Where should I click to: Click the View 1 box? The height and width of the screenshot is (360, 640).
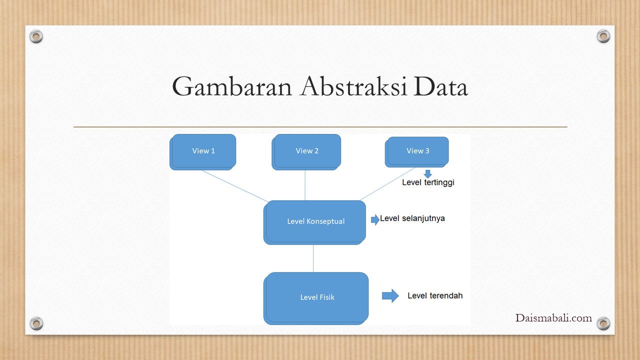[203, 152]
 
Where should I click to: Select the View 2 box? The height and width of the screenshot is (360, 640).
[306, 152]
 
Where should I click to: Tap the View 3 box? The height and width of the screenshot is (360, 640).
[417, 152]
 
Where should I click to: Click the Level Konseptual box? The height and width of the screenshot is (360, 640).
[314, 222]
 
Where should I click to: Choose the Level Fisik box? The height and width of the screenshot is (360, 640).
[316, 298]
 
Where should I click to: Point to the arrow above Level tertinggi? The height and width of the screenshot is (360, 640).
[427, 174]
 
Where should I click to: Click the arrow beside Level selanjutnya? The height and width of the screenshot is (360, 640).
[375, 219]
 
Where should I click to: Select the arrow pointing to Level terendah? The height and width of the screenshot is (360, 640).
[390, 295]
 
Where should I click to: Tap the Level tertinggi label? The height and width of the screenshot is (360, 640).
[428, 182]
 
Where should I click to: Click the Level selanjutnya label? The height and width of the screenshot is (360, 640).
[412, 218]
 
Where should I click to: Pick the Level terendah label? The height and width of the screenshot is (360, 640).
[435, 295]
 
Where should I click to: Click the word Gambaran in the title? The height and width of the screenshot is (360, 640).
[231, 86]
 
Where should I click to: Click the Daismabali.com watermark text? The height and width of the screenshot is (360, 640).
[553, 318]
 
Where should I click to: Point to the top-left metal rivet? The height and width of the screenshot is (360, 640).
[36, 36]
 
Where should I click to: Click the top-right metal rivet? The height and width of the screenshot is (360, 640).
[603, 36]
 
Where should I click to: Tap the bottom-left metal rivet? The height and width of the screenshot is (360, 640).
[36, 323]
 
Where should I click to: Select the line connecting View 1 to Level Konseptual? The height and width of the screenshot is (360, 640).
[235, 186]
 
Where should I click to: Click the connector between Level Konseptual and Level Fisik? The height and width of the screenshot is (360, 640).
[313, 258]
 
